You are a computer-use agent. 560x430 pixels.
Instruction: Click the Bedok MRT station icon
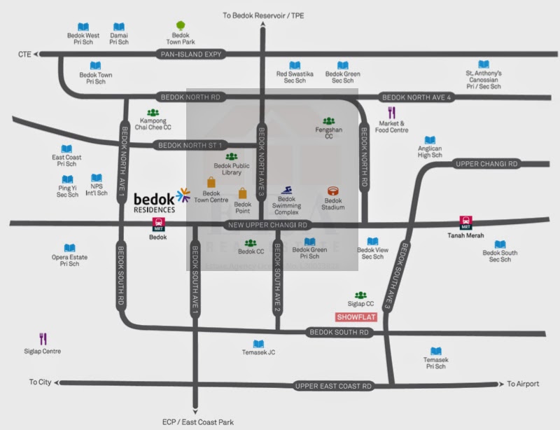point(158,224)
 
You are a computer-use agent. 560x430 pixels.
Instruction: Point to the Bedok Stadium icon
point(333,190)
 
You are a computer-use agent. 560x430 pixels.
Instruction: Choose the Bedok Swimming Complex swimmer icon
point(286,190)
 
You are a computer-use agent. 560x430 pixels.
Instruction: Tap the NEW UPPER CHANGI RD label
point(268,226)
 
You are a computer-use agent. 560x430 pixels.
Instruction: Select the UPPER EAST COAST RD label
point(332,386)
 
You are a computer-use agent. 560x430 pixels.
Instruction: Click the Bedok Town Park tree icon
point(181,25)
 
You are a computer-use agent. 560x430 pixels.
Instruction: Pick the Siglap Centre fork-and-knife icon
point(43,339)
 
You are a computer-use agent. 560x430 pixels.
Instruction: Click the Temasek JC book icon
point(258,344)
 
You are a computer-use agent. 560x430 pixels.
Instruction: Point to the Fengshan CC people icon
point(328,121)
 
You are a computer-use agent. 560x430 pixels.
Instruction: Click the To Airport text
point(525,384)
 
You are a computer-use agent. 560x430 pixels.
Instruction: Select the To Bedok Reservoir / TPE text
point(263,15)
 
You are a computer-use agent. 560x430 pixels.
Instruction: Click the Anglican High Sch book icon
point(430,141)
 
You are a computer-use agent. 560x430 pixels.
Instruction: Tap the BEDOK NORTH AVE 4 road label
point(415,97)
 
